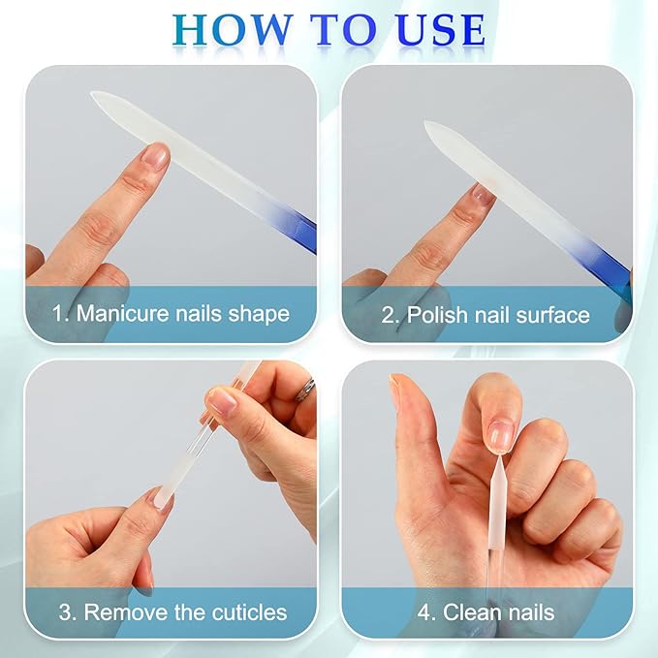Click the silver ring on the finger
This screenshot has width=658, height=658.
(306, 389)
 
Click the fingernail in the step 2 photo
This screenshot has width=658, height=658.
(482, 195)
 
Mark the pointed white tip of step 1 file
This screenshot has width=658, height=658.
(97, 96)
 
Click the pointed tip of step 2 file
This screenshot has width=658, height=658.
(429, 125)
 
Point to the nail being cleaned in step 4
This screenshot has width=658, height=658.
(500, 434)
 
